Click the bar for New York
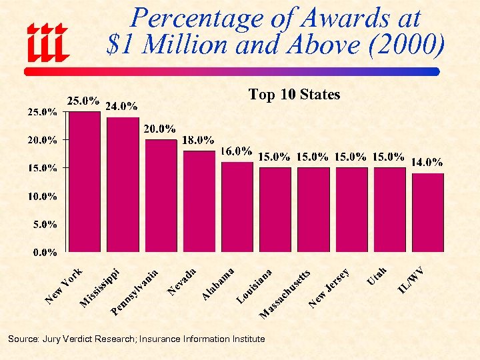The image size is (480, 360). [85, 181]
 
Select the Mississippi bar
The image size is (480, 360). [123, 185]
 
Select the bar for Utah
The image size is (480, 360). [389, 209]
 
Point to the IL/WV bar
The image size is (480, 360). [427, 213]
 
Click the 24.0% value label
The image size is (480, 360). [121, 105]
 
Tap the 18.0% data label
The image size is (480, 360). [198, 140]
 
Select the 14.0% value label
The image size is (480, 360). [427, 161]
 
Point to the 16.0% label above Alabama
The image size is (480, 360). [236, 151]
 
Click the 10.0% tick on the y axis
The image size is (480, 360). [42, 197]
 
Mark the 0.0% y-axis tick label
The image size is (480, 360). [45, 253]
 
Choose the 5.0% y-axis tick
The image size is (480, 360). [45, 225]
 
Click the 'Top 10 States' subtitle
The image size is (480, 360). [294, 95]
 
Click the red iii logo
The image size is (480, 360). [47, 41]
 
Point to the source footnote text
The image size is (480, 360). [136, 339]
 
